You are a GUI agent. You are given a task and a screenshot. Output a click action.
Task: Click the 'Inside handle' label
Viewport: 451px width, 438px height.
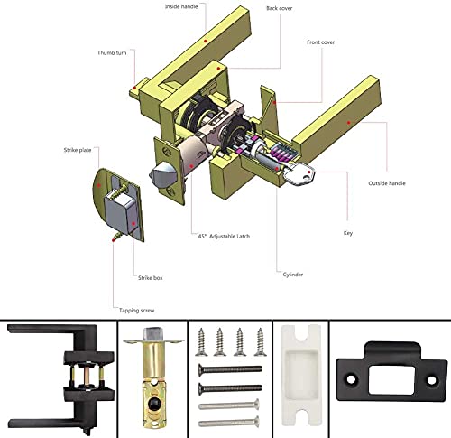tap(181, 6)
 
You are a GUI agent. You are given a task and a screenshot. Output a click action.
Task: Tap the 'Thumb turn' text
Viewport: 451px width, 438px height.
tap(112, 52)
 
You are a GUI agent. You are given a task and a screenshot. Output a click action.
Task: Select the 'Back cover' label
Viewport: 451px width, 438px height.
tap(280, 8)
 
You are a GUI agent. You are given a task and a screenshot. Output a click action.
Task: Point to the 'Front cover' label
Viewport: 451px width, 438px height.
tap(320, 42)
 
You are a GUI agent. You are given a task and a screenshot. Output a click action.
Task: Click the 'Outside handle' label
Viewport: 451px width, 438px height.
tap(387, 183)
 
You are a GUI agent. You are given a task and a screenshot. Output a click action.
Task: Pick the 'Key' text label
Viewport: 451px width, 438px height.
tap(348, 233)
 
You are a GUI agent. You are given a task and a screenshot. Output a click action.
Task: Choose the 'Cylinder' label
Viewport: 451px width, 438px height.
tap(293, 275)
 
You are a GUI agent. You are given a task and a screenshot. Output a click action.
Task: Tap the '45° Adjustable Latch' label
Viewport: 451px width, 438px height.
tap(224, 237)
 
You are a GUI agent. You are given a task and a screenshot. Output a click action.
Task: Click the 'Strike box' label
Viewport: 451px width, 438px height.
tap(151, 278)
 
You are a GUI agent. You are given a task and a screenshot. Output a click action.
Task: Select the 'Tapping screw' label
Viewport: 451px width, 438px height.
tap(137, 311)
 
